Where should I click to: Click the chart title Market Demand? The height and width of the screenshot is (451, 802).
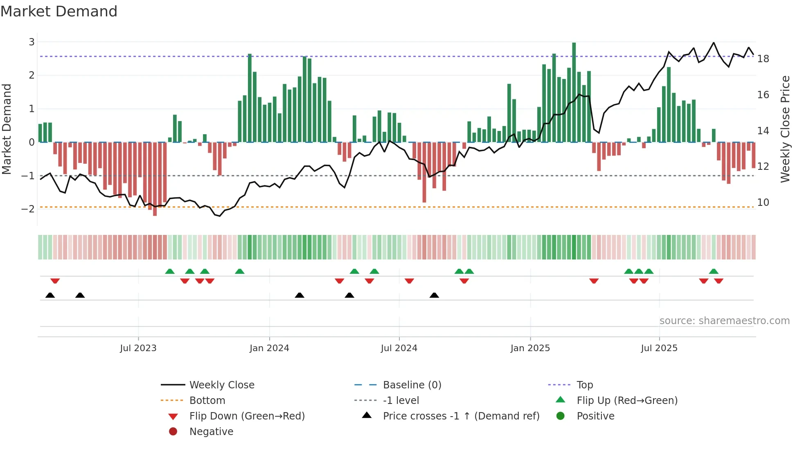pos(59,11)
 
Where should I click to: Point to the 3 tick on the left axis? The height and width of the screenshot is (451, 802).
pos(32,42)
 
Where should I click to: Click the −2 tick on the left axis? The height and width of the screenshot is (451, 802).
pos(28,209)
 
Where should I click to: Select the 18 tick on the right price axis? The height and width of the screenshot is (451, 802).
pos(763,59)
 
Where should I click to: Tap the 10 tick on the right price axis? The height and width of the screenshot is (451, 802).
pos(763,203)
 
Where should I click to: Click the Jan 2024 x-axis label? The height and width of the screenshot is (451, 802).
pos(269,348)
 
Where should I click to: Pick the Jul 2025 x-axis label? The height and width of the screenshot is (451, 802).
pos(659,348)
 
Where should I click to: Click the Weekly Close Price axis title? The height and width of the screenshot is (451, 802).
pos(785,129)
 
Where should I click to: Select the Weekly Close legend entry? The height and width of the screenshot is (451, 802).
pos(221,385)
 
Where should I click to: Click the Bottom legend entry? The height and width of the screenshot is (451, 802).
pos(207,401)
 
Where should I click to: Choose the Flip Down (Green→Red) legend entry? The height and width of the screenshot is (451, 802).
pos(247,416)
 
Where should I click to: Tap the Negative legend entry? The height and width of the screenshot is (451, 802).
pos(211,432)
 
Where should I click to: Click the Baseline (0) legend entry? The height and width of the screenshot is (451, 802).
pos(412,385)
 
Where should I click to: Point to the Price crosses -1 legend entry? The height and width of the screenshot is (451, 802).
pos(461,416)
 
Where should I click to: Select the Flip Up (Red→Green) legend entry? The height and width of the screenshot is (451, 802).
pos(627,401)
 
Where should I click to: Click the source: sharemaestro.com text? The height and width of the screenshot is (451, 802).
pos(724,321)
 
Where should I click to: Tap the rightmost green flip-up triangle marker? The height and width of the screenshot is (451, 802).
pos(714,271)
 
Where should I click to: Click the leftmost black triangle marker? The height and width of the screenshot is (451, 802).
pos(50,295)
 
